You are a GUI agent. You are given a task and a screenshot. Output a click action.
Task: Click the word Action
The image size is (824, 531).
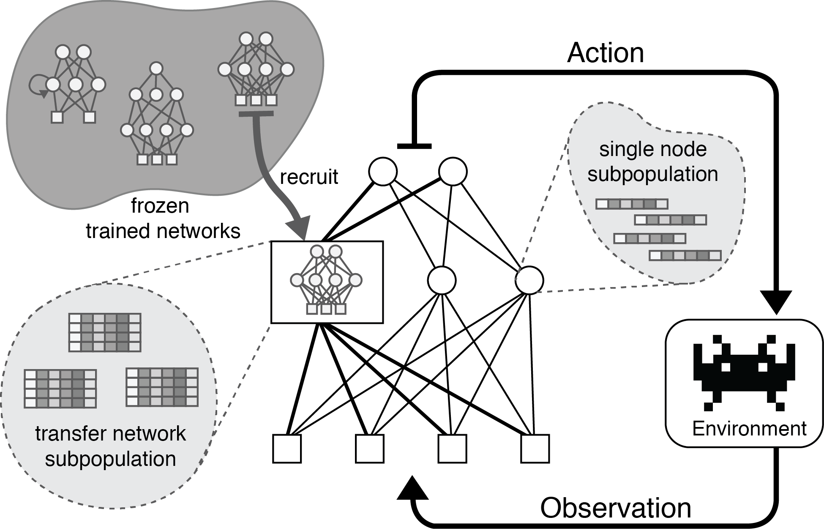coord(605,53)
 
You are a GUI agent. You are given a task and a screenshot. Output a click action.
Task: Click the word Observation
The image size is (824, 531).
coord(615,507)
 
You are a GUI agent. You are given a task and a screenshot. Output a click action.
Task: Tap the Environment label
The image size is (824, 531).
coord(749,429)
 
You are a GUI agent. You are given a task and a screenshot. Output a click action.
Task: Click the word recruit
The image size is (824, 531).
coord(309,177)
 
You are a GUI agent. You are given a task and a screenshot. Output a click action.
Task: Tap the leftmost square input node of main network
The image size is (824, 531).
coord(287,449)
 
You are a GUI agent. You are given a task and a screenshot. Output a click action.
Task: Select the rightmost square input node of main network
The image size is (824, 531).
coord(535,449)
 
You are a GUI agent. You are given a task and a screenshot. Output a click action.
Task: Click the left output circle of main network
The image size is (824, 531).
coord(383,172)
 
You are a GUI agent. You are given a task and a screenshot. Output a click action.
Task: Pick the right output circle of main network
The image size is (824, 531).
coord(453,172)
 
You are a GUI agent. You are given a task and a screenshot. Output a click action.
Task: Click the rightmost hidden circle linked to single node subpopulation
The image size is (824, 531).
coord(529,280)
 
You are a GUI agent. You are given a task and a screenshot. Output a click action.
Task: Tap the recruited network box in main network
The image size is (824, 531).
coord(327,282)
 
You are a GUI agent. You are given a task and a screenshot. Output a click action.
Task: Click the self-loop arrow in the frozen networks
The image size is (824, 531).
coord(37,87)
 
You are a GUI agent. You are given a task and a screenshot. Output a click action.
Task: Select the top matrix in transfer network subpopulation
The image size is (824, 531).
coord(104,332)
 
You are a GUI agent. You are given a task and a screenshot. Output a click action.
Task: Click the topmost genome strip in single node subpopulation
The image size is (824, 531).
coord(631,204)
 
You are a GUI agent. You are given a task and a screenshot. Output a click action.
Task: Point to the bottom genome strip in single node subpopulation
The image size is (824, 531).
coord(685,255)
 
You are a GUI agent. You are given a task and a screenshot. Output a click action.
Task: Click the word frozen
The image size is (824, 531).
coord(160,206)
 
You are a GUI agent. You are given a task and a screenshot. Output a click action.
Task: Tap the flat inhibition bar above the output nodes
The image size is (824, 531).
coord(415,146)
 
